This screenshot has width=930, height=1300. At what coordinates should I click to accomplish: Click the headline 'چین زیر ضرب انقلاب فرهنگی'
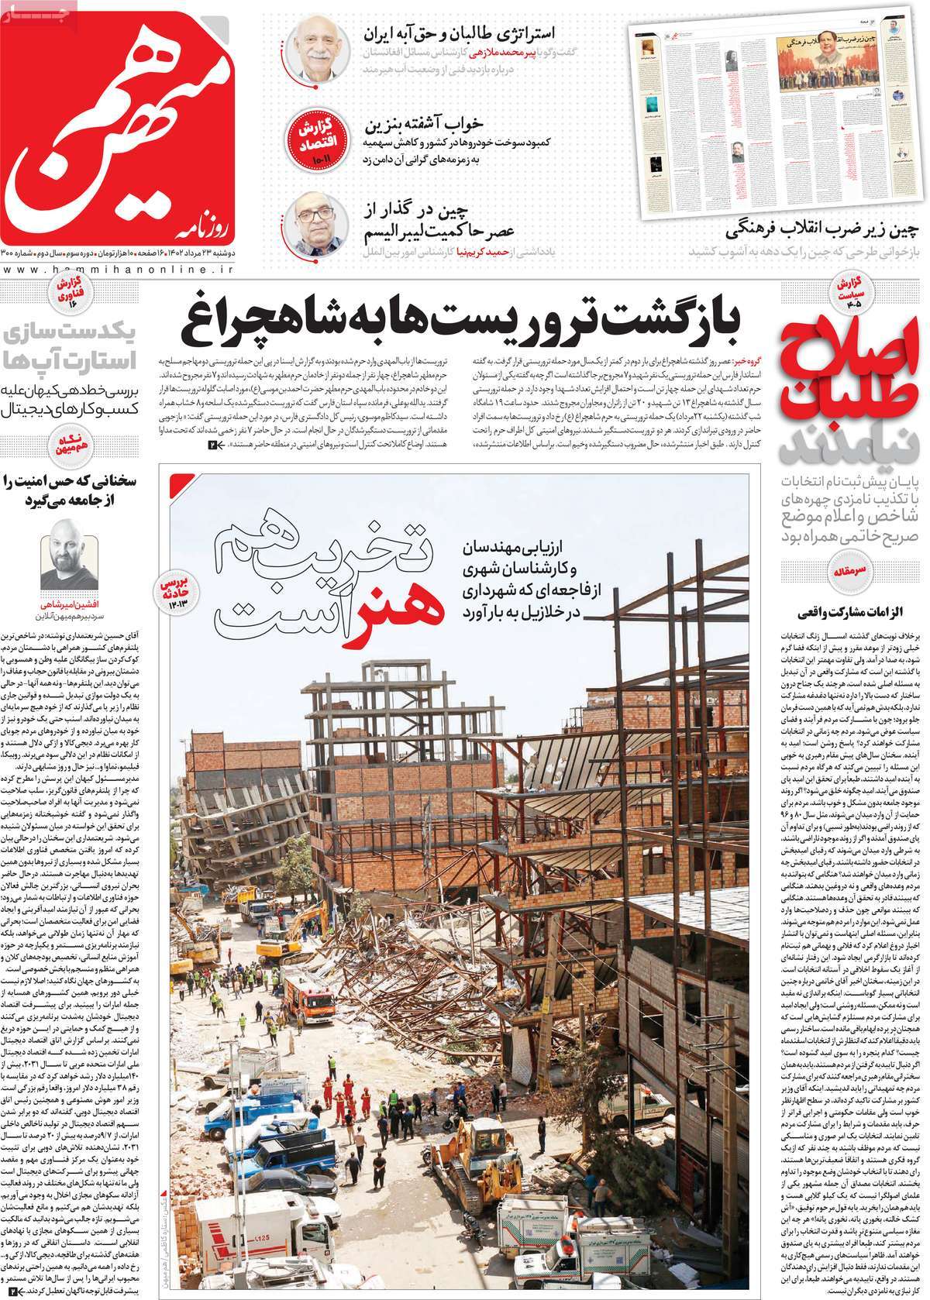pos(826,230)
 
